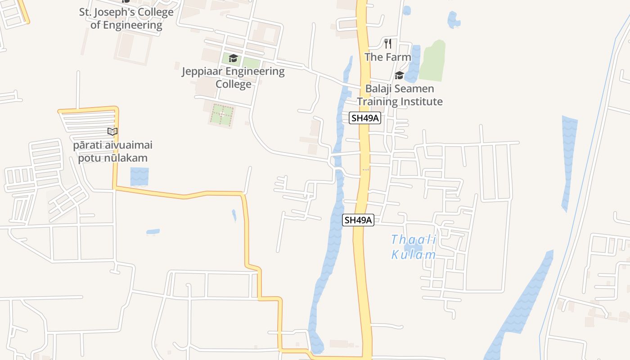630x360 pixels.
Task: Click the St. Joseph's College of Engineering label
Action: (x=126, y=18)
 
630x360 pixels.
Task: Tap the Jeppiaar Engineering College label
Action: (x=233, y=77)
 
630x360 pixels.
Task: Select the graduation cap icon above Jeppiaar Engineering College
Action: (x=233, y=58)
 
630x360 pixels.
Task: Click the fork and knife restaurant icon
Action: (x=388, y=44)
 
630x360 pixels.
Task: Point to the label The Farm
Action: (x=388, y=57)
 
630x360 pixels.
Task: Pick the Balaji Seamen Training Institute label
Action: (x=400, y=95)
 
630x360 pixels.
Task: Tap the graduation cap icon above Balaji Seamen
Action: (x=399, y=75)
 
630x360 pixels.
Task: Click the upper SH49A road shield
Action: (x=365, y=118)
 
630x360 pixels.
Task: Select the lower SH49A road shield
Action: (x=358, y=220)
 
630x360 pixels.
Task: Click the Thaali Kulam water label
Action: (x=414, y=247)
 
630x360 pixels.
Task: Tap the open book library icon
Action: (x=112, y=132)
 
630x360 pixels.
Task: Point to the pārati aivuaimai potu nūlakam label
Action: (x=113, y=152)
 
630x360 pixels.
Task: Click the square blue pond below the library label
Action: (x=139, y=176)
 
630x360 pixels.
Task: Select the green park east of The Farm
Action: (x=432, y=61)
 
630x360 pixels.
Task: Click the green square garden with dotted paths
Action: (x=222, y=115)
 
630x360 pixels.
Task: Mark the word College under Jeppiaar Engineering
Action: (x=233, y=84)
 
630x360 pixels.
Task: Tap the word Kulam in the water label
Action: (x=414, y=255)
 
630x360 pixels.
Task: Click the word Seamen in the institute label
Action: (x=412, y=89)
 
